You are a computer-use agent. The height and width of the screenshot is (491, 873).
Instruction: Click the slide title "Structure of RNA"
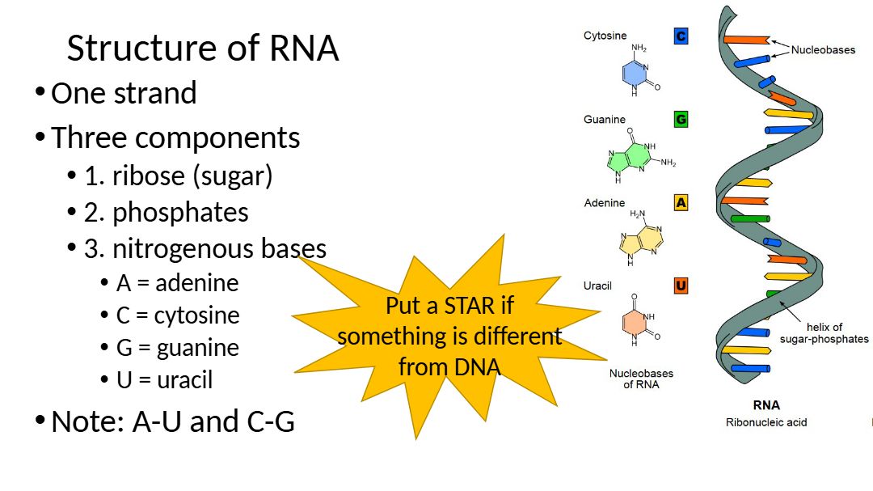click(x=202, y=49)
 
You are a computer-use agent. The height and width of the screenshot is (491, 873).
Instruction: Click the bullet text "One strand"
click(x=124, y=93)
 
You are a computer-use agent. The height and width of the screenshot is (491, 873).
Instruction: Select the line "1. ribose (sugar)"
click(x=178, y=176)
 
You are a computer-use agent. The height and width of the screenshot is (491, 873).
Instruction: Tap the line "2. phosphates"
click(x=166, y=212)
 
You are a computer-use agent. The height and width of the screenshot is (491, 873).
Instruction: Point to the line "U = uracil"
click(x=164, y=379)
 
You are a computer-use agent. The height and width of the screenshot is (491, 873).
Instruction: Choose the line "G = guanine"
click(x=178, y=348)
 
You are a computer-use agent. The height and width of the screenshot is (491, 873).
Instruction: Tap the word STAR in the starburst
click(x=478, y=307)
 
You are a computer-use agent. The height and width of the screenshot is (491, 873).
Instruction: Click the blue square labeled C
click(x=681, y=36)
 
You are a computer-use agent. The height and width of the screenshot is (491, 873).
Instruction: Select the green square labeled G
click(x=681, y=120)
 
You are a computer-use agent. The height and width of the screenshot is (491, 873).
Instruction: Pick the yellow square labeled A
click(x=681, y=203)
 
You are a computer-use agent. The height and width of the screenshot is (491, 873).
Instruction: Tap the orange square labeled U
click(x=681, y=286)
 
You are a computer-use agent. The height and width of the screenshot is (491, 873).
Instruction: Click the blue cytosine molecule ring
click(x=635, y=74)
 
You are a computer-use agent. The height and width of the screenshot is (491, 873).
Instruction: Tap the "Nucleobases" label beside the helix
click(x=822, y=50)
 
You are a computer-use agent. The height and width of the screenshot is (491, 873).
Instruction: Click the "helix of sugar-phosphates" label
click(x=824, y=333)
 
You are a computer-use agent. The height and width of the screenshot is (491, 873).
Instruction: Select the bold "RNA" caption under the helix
click(x=765, y=405)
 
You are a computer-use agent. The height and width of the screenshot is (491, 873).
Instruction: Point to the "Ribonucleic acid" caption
click(x=765, y=422)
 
